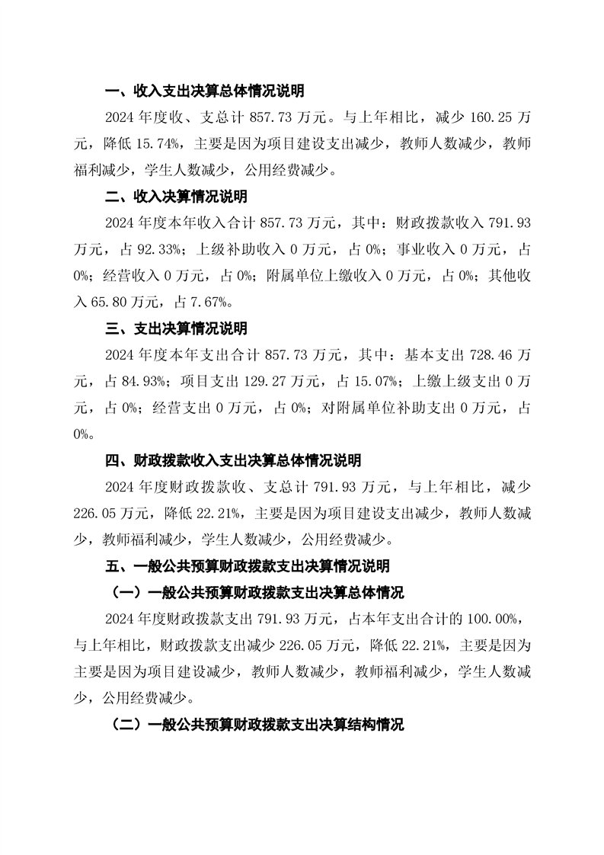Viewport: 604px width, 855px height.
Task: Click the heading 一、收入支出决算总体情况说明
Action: click(204, 91)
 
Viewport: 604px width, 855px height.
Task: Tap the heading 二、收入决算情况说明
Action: click(175, 197)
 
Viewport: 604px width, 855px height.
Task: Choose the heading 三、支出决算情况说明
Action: click(175, 328)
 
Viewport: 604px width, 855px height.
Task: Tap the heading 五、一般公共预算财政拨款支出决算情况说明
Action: click(247, 566)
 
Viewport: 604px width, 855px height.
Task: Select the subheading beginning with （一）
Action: click(257, 593)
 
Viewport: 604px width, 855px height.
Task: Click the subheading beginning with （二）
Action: click(257, 725)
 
